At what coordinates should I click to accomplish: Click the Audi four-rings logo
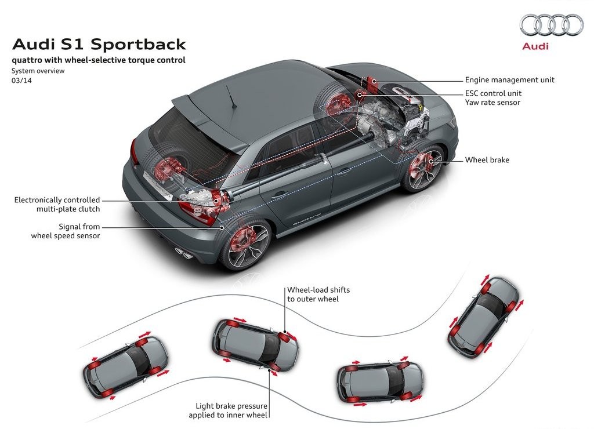(x=551, y=24)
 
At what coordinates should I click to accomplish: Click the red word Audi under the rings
(x=535, y=46)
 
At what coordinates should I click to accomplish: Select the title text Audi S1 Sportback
(x=99, y=44)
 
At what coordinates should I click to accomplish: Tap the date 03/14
(x=21, y=80)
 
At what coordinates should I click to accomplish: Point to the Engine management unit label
(x=509, y=80)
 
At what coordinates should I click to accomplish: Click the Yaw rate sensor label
(x=492, y=102)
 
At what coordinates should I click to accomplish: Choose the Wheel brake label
(x=487, y=160)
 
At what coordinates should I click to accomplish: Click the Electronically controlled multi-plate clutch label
(x=57, y=205)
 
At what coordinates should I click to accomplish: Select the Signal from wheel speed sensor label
(x=66, y=231)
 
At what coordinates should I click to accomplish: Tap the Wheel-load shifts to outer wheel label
(x=318, y=294)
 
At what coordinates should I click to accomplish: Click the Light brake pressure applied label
(x=228, y=410)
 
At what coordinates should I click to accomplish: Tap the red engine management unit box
(x=370, y=83)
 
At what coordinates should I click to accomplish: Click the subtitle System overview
(x=38, y=71)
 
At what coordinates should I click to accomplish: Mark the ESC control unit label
(x=493, y=93)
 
